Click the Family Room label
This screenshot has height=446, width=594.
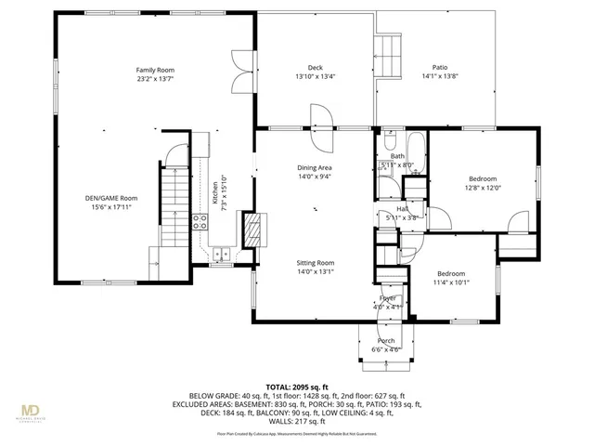point(155,71)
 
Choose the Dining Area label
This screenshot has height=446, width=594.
point(315,168)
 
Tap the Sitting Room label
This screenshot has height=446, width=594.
point(315,263)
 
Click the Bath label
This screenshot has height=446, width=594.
point(397,156)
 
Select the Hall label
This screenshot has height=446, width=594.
point(403,209)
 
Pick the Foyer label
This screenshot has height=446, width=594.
point(387,298)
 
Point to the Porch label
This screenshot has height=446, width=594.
point(386,341)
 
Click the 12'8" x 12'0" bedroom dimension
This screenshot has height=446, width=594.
point(483,188)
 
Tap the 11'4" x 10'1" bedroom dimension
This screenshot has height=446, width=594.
point(451,283)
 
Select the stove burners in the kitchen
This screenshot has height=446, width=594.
point(199,221)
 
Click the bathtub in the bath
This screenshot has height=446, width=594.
point(415,147)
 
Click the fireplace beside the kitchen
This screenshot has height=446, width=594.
point(251,229)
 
